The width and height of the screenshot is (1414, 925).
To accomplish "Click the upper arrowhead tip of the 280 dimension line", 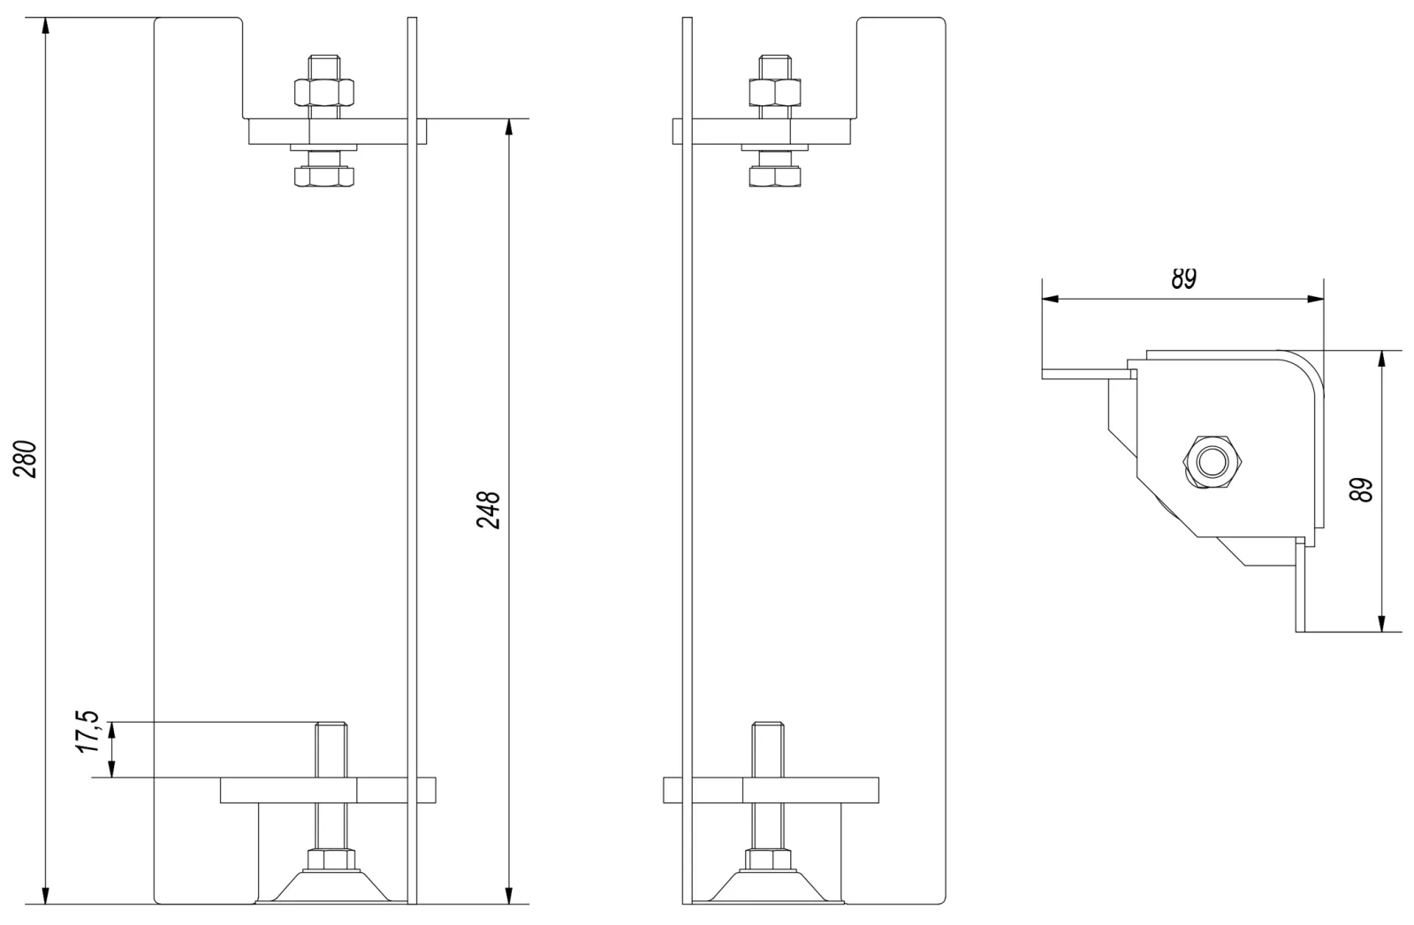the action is [x=45, y=18].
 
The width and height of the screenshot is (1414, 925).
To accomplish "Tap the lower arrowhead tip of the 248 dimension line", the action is [x=509, y=904].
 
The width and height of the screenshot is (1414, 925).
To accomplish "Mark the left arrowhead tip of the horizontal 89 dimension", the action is [x=1042, y=299].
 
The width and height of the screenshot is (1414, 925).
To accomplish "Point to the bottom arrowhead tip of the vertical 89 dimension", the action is [x=1382, y=632].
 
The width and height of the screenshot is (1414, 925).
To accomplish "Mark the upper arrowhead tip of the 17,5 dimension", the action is [x=111, y=722].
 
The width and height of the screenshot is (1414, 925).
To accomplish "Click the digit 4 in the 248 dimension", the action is [x=489, y=510].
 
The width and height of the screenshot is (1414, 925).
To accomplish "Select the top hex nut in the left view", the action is [x=323, y=93].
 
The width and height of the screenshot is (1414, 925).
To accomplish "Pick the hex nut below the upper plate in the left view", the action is [x=323, y=177].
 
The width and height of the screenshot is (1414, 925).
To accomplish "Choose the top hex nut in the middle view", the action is [x=775, y=93].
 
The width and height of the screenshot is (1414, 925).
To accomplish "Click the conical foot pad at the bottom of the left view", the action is [x=331, y=886].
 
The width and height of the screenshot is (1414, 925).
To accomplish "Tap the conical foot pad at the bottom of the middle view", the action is [x=768, y=886].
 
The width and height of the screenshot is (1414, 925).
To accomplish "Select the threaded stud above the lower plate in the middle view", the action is [x=768, y=749].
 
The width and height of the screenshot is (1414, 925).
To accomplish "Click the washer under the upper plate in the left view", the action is [x=323, y=148].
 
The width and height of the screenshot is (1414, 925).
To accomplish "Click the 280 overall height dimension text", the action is [x=26, y=459].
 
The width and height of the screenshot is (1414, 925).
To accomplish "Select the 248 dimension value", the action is [x=489, y=510].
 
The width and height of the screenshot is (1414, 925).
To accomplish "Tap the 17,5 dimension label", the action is [x=88, y=732].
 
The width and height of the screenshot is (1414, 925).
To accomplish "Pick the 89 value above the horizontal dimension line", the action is [x=1183, y=278].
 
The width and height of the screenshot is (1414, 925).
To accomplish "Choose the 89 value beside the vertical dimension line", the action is [x=1361, y=490].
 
